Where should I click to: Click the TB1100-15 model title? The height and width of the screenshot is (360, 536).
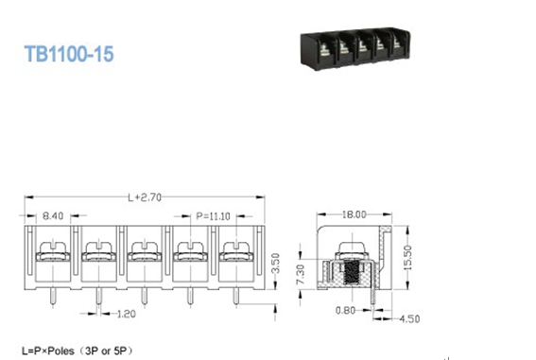pyautogui.click(x=69, y=54)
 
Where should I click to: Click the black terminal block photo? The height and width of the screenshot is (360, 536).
pyautogui.click(x=355, y=49)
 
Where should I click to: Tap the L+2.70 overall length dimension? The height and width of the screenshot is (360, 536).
pyautogui.click(x=145, y=197)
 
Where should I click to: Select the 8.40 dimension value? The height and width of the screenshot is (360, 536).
pyautogui.click(x=53, y=215)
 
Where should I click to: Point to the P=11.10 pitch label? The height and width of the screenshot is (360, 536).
pyautogui.click(x=213, y=216)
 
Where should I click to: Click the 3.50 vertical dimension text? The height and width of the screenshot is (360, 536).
pyautogui.click(x=275, y=263)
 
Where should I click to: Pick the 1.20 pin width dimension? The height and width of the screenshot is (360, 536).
pyautogui.click(x=126, y=314)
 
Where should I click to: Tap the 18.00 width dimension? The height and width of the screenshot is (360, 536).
pyautogui.click(x=354, y=214)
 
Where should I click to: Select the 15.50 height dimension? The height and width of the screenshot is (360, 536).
pyautogui.click(x=407, y=258)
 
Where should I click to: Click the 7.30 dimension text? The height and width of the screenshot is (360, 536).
pyautogui.click(x=301, y=275)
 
